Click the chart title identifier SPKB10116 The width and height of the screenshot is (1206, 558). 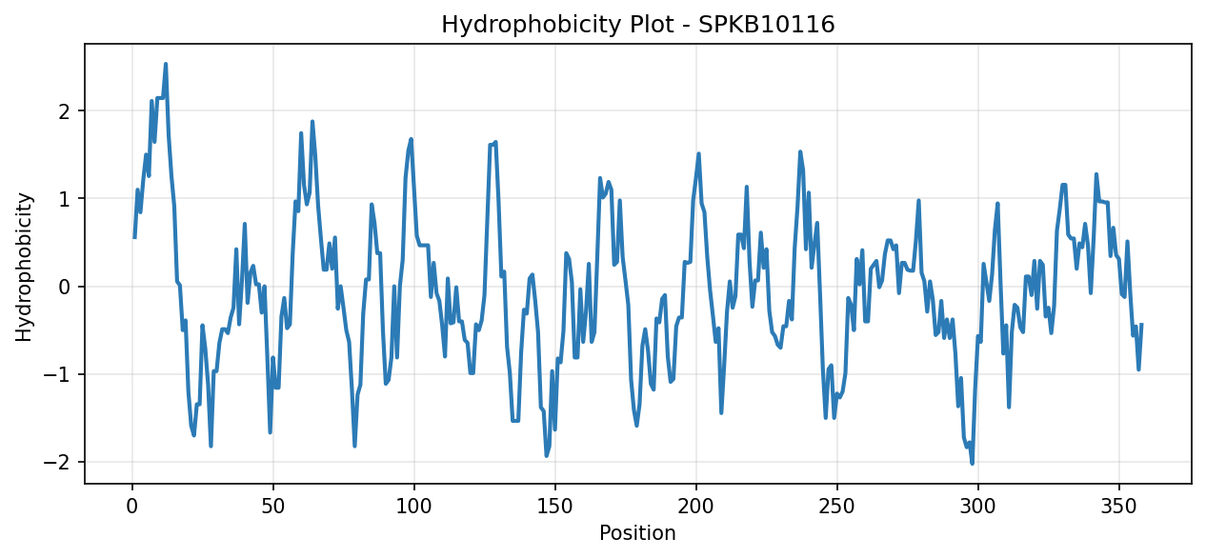tap(766, 25)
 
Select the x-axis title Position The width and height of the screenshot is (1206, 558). tap(637, 532)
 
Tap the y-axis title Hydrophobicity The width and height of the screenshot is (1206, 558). tap(24, 267)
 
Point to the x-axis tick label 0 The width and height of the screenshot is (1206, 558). tap(131, 507)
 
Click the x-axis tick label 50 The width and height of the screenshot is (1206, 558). tap(273, 507)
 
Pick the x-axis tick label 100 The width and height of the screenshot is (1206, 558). tap(414, 507)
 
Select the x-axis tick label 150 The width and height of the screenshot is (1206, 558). tap(555, 507)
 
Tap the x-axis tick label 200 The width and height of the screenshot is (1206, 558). tap(696, 507)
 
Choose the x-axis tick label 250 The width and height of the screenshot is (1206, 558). tap(837, 507)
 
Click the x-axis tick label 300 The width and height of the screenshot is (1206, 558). tap(978, 507)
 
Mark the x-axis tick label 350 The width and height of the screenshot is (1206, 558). tap(1119, 507)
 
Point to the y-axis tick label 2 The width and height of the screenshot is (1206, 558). tap(65, 111)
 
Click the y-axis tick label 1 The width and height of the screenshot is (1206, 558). tap(65, 199)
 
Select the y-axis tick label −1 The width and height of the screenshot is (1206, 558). tap(57, 374)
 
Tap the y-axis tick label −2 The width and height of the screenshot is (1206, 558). tap(57, 462)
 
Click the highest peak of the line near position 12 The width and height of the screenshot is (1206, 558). tap(166, 64)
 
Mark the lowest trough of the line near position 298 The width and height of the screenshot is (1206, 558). tap(973, 464)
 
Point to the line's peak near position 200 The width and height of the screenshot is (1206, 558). tap(699, 153)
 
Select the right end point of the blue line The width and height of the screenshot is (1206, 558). tap(1141, 324)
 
